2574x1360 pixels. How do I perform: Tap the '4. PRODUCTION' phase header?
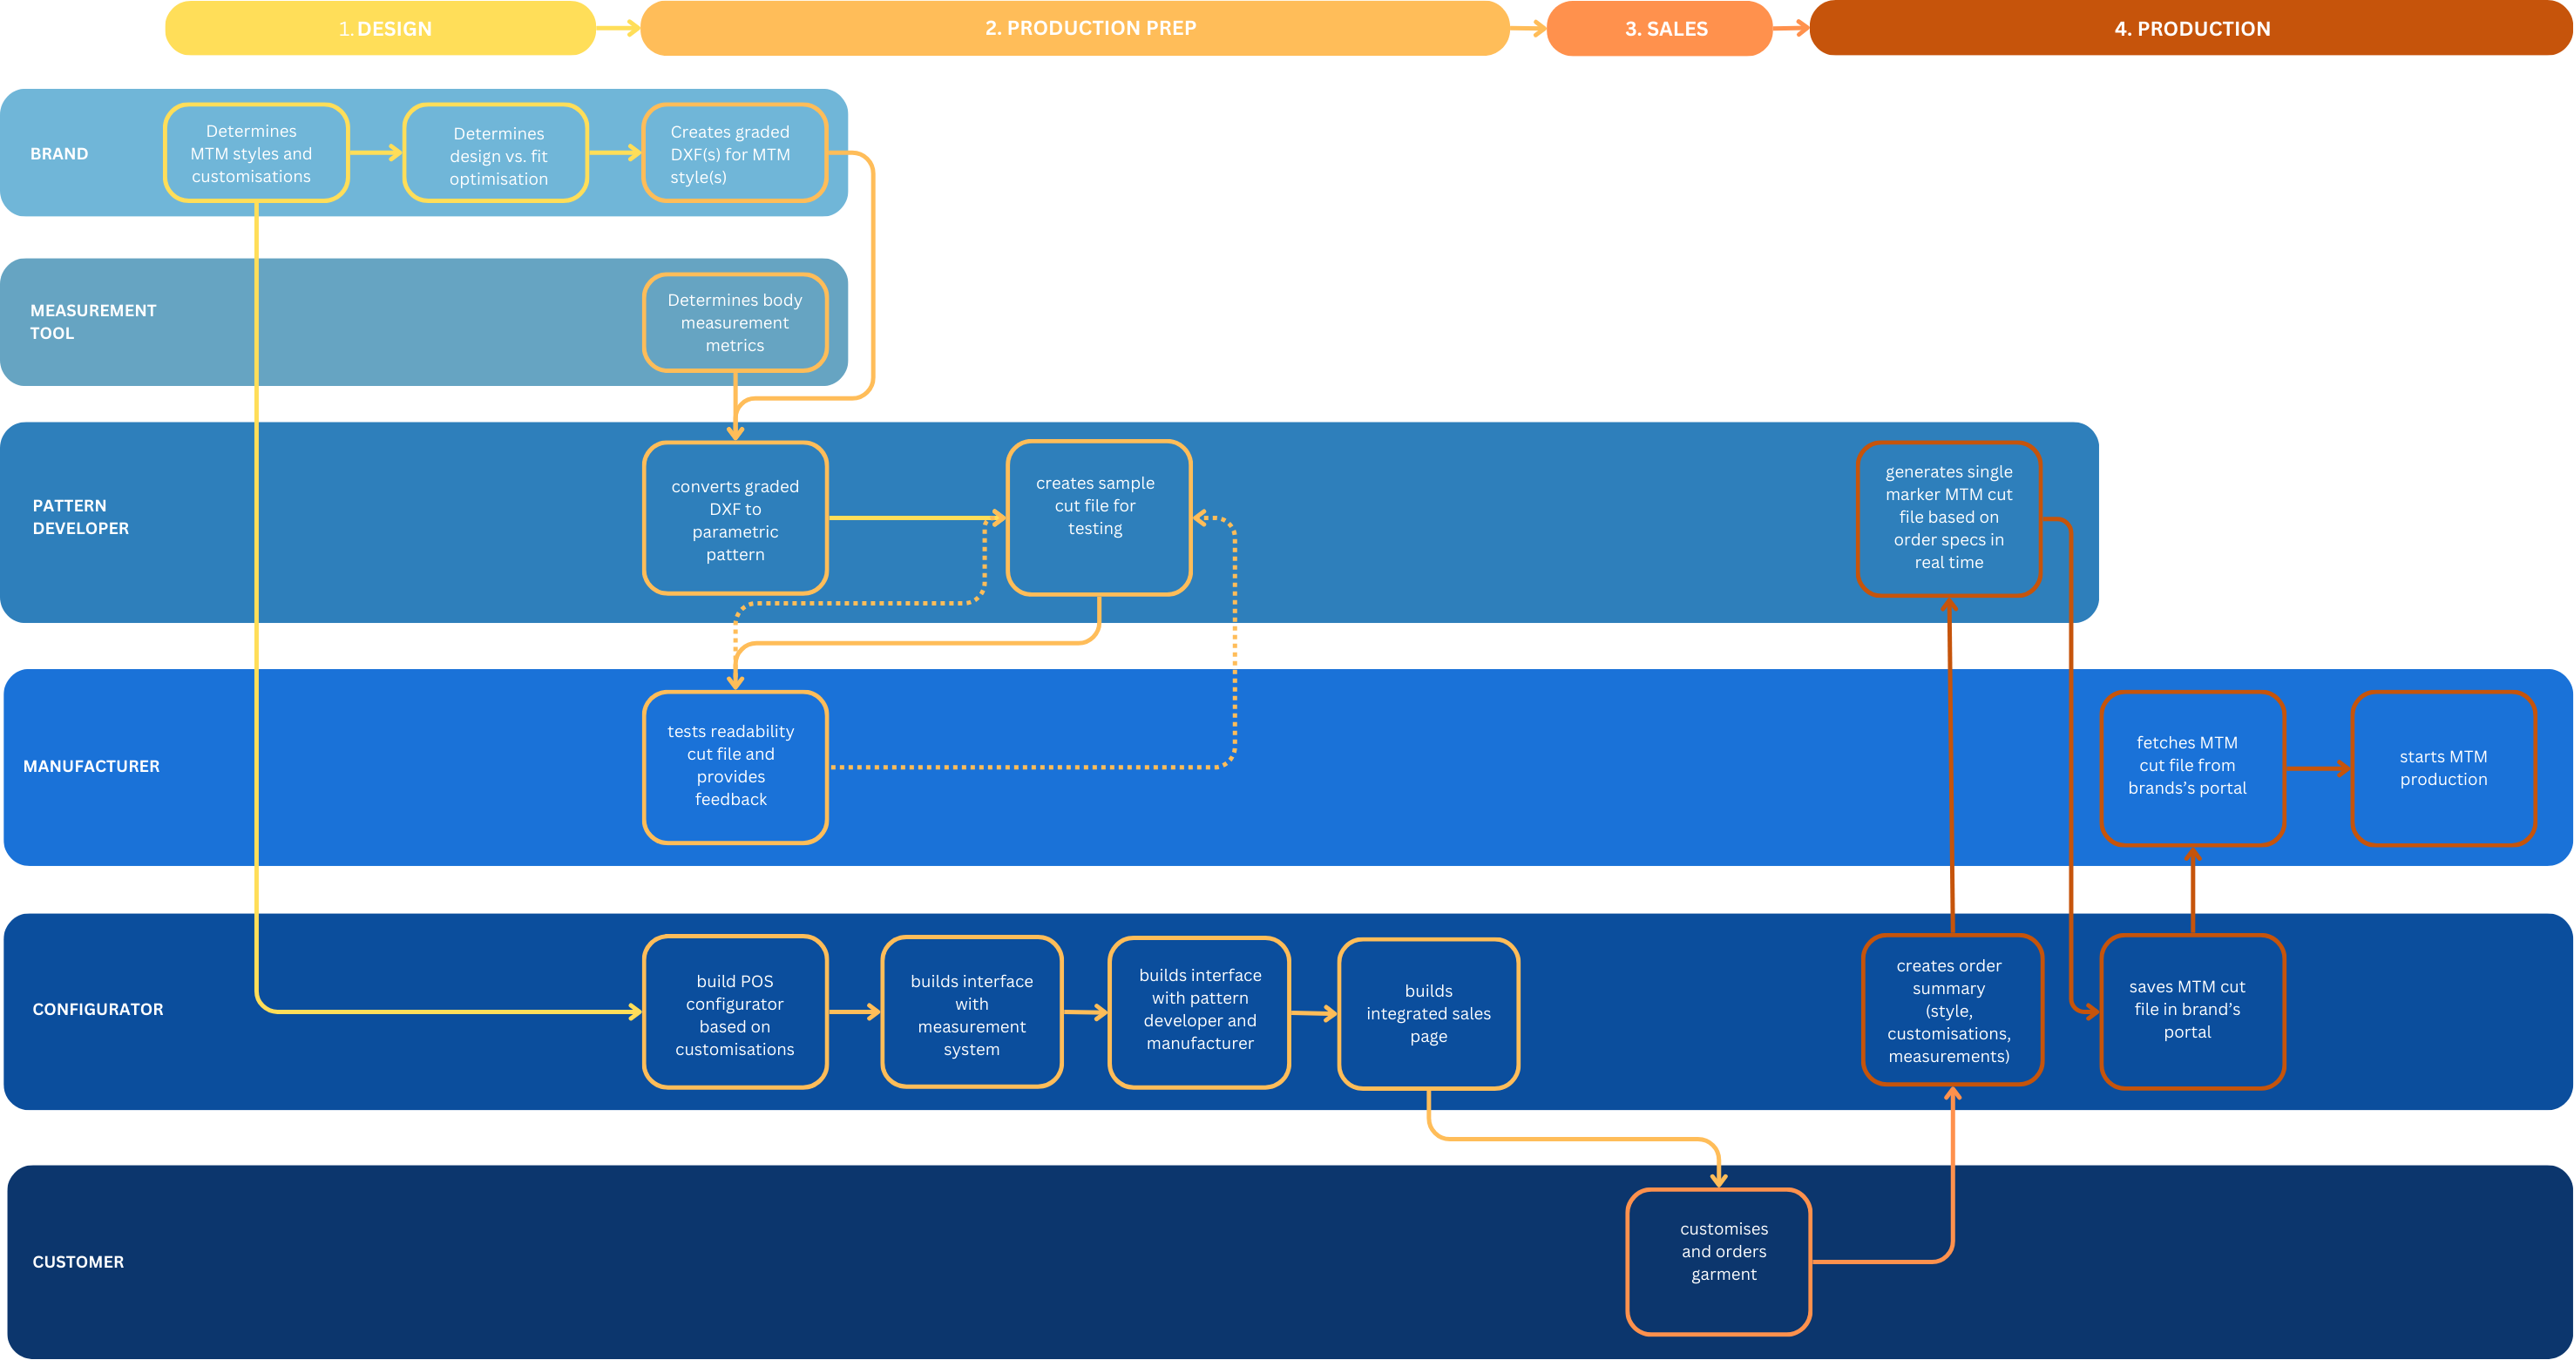pyautogui.click(x=2191, y=28)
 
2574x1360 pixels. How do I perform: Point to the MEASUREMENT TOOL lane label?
pyautogui.click(x=92, y=321)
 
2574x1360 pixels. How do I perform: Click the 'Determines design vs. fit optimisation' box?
pyautogui.click(x=497, y=154)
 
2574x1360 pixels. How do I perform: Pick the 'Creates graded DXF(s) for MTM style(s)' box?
pyautogui.click(x=735, y=154)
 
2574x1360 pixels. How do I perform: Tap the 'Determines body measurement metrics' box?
pyautogui.click(x=735, y=322)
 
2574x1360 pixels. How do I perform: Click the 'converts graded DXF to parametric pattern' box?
pyautogui.click(x=735, y=518)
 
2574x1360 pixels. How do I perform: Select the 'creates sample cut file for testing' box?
pyautogui.click(x=1098, y=518)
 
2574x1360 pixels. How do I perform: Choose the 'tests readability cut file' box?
pyautogui.click(x=735, y=767)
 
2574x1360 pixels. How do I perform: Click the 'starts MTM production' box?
pyautogui.click(x=2442, y=768)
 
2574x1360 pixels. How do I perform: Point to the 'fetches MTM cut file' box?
pyautogui.click(x=2191, y=768)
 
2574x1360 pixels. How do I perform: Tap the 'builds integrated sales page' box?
pyautogui.click(x=1428, y=1013)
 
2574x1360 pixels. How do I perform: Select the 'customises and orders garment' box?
pyautogui.click(x=1717, y=1261)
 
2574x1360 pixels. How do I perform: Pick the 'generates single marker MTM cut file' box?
pyautogui.click(x=1947, y=518)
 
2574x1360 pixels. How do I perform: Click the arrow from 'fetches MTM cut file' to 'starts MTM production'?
pyautogui.click(x=2318, y=768)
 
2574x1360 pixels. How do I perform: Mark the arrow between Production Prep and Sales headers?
pyautogui.click(x=1527, y=29)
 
